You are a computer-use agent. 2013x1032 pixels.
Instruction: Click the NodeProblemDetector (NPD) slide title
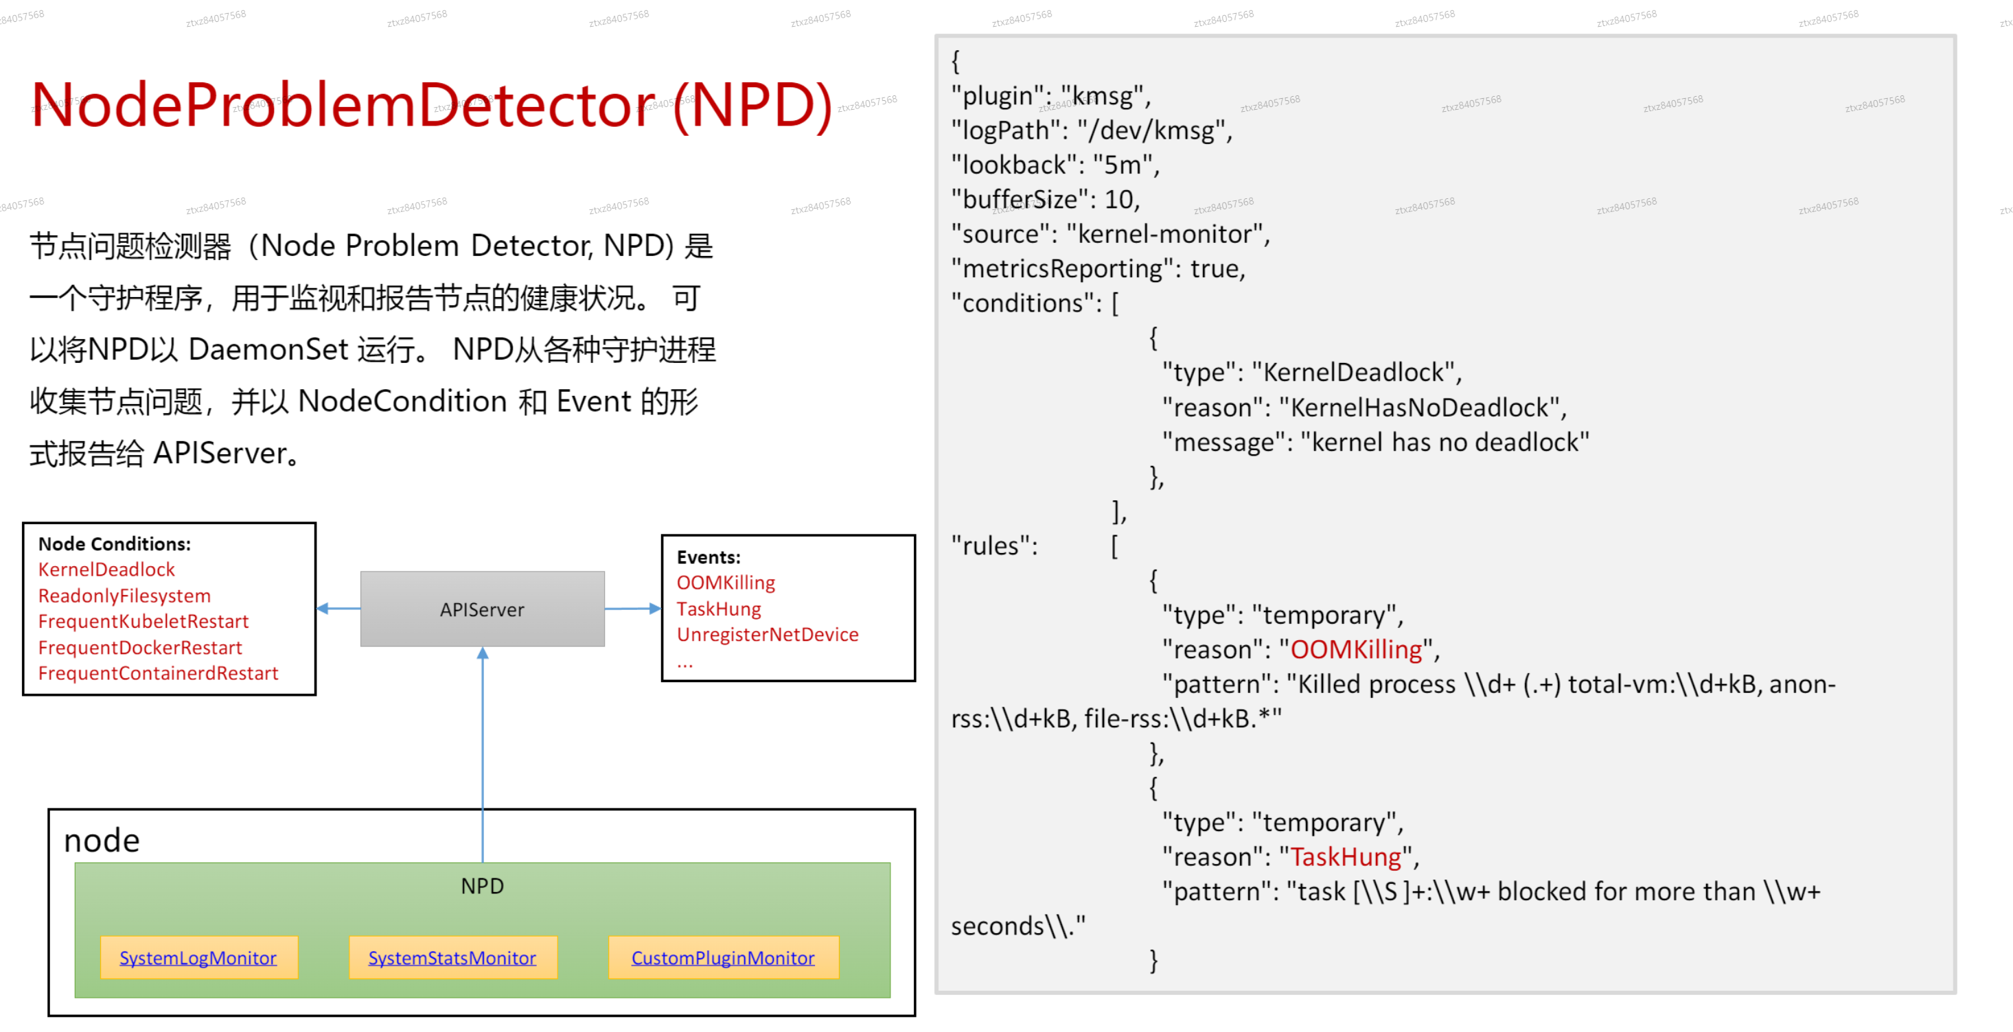point(432,106)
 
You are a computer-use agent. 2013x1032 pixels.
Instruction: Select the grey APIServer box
point(482,609)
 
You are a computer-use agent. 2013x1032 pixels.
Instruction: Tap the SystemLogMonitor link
point(198,958)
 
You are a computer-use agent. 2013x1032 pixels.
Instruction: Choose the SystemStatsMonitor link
point(452,958)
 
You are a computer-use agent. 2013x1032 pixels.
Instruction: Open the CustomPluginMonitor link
point(723,958)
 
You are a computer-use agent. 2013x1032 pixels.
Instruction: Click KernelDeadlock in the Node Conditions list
point(106,570)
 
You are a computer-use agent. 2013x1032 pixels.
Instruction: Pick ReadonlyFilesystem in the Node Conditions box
point(124,596)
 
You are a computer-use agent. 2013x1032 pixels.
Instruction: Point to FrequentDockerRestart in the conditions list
point(140,648)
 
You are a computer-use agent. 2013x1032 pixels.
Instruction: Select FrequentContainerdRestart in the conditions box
point(158,673)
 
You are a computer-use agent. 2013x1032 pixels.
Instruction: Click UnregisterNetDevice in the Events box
point(768,634)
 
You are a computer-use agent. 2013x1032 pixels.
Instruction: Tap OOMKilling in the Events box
point(726,583)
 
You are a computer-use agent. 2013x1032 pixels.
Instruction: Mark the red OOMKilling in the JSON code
point(1356,649)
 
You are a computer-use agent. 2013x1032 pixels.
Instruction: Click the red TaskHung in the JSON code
point(1346,857)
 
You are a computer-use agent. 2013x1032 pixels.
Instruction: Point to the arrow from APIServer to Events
point(633,609)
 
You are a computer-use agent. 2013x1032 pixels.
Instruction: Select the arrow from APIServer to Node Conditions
point(338,609)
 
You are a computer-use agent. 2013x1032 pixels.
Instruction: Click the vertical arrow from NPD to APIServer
point(483,755)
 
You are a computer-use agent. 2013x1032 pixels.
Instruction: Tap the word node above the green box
point(102,841)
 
